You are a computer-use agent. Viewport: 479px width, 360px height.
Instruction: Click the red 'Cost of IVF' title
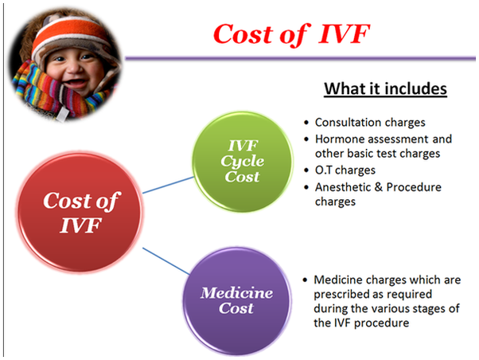point(292,34)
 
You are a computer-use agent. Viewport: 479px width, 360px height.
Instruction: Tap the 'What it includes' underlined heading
point(385,89)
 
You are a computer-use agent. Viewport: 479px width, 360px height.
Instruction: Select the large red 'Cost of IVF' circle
point(80,213)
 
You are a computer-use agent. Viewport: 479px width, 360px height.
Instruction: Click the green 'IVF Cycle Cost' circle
point(243,162)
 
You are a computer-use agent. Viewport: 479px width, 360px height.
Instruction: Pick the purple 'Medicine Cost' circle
point(237,300)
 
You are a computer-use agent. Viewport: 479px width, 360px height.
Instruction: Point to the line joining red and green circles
point(169,185)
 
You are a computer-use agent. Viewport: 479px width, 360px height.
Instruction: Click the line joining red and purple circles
point(166,261)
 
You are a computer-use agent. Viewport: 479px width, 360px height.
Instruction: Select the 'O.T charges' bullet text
point(345,170)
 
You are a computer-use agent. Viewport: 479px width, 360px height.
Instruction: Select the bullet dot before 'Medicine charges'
point(305,280)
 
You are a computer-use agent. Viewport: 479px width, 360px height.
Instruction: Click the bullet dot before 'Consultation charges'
point(306,123)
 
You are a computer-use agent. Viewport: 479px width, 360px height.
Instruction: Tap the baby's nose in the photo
point(72,68)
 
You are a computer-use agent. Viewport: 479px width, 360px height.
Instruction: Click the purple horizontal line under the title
point(300,58)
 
